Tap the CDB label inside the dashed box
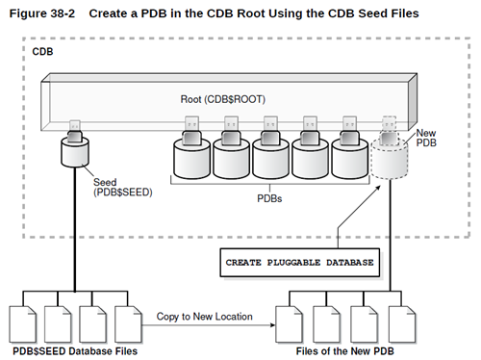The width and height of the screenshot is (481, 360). [43, 49]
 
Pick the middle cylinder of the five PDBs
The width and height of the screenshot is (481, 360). [270, 155]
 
